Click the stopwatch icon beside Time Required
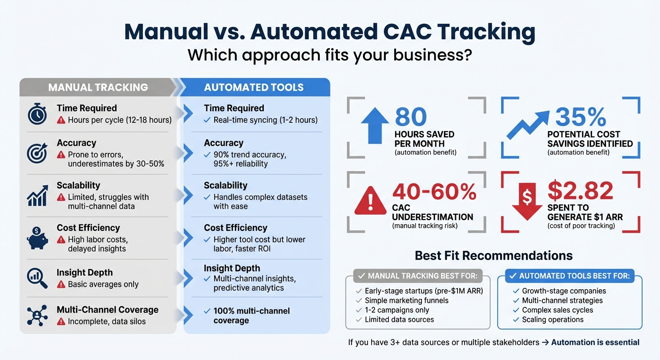click(37, 114)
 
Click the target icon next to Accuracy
click(37, 153)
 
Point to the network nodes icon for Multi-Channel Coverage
click(37, 315)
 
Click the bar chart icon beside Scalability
click(37, 196)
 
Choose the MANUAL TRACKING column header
click(98, 87)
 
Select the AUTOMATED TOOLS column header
click(254, 87)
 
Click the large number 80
click(411, 117)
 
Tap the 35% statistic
click(581, 117)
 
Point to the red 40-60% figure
click(434, 191)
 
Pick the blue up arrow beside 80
click(375, 126)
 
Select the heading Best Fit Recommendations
click(494, 255)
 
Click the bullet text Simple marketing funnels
click(406, 300)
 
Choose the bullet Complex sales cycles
click(557, 310)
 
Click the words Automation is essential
click(595, 342)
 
